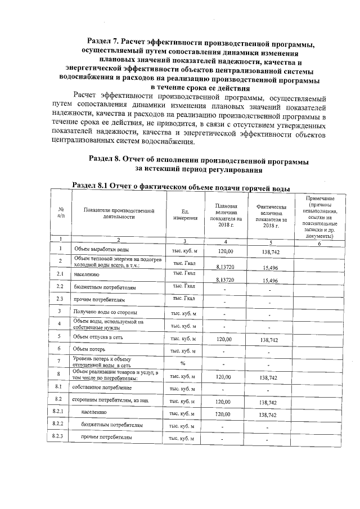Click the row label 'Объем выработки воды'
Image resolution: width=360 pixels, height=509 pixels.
tap(102, 249)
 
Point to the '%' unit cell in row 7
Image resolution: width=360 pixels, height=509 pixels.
tap(183, 363)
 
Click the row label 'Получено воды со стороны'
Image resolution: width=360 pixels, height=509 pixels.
tap(105, 312)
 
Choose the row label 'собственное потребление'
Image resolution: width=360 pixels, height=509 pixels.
tap(103, 388)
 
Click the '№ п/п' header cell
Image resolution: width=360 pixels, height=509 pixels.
tap(60, 213)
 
